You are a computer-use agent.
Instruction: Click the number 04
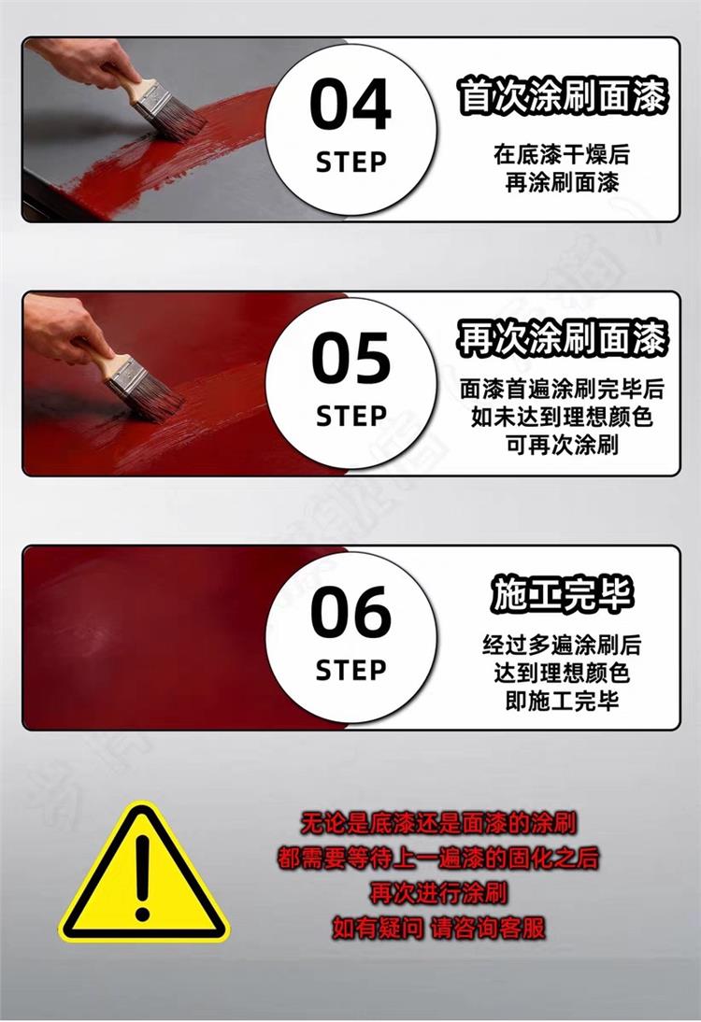[350, 105]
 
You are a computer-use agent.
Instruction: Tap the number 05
[350, 358]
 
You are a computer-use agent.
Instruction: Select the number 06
[350, 611]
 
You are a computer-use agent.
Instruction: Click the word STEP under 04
[350, 163]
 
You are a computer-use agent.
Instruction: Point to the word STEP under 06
[350, 670]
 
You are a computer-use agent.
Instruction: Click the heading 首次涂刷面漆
[562, 96]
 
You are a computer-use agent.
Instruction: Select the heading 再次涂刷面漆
[562, 338]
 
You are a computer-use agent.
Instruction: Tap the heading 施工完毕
[562, 594]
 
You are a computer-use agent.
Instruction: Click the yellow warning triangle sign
[143, 876]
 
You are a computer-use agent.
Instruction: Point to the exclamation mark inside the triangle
[143, 877]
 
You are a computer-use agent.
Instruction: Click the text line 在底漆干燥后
[562, 155]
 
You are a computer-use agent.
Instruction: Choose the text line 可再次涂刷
[562, 446]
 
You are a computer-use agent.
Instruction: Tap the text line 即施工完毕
[562, 701]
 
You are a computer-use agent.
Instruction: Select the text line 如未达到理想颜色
[562, 418]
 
